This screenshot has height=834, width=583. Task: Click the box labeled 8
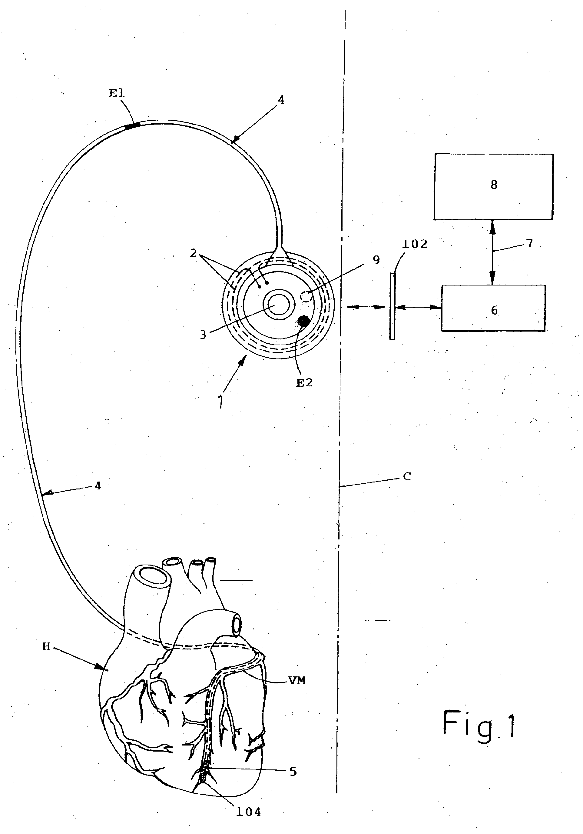[493, 187]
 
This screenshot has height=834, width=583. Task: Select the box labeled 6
[493, 308]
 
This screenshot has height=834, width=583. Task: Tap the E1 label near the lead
[117, 93]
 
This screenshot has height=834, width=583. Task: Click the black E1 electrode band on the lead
[132, 126]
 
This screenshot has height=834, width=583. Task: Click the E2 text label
[304, 382]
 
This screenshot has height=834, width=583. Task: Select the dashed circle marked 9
[306, 297]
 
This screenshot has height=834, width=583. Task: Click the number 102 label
[415, 244]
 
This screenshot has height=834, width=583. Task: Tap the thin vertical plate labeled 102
[392, 306]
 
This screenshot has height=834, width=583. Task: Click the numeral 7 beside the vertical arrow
[530, 243]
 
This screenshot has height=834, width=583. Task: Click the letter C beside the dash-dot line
[407, 477]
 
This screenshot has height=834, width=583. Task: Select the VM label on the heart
[297, 681]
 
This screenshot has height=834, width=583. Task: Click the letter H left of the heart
[46, 647]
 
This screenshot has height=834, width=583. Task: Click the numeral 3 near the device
[203, 334]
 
